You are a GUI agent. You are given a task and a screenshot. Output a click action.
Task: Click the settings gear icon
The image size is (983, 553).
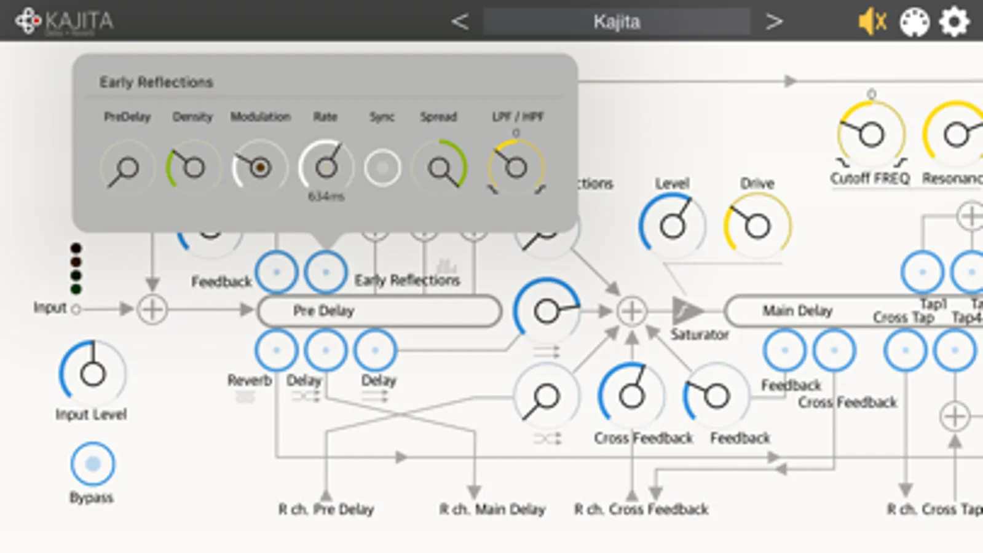pos(953,22)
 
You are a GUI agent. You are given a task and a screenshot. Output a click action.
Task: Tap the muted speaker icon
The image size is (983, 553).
pos(872,22)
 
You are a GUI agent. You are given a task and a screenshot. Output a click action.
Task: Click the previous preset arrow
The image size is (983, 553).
pos(459,22)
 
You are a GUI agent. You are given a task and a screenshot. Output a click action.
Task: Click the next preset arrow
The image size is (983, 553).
pos(774,22)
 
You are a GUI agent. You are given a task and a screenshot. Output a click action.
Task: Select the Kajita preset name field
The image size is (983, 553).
pos(617,22)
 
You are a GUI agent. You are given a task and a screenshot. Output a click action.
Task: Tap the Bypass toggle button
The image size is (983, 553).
pos(92,464)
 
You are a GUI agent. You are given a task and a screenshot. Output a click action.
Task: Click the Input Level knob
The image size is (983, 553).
pos(92,373)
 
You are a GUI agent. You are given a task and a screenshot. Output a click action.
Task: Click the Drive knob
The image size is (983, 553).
pos(757,226)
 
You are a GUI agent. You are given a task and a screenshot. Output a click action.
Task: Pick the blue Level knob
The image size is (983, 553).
pos(672,226)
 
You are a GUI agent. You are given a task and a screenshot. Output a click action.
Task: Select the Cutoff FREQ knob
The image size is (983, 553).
pos(871,134)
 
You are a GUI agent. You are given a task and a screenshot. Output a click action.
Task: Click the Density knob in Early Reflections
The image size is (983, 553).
pos(193,167)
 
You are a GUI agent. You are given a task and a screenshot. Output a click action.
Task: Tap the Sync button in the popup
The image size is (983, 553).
pos(382,167)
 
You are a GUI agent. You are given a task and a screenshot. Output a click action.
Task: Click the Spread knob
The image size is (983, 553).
pos(440,167)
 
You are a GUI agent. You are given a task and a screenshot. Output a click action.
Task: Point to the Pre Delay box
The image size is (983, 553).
pos(379,311)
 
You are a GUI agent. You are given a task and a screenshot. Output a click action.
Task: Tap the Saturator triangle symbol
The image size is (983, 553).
pos(685,311)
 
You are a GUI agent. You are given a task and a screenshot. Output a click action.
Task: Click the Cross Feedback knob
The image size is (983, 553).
pos(631,396)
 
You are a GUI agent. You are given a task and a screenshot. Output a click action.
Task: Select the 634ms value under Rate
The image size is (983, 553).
pos(326,197)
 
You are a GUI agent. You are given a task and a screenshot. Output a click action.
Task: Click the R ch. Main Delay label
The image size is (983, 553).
pos(492,509)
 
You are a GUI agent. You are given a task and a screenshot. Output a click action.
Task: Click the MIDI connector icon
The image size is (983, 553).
pos(914,22)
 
